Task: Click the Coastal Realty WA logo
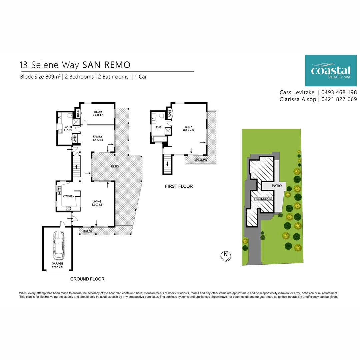tap(330, 71)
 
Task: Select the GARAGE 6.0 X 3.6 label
tap(57, 265)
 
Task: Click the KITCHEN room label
tap(68, 196)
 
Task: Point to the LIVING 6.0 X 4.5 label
tap(97, 203)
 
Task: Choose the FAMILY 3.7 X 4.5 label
tap(98, 138)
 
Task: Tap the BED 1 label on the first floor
tap(189, 128)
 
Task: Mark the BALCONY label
tap(201, 160)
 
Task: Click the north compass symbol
tap(226, 256)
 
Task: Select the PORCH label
tap(88, 231)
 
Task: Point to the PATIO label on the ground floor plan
tap(116, 166)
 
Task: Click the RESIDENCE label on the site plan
tap(263, 199)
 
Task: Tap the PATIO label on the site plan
tap(277, 186)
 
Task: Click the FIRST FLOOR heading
tap(179, 186)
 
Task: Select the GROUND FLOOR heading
tap(87, 279)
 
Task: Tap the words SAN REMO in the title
tap(106, 64)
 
